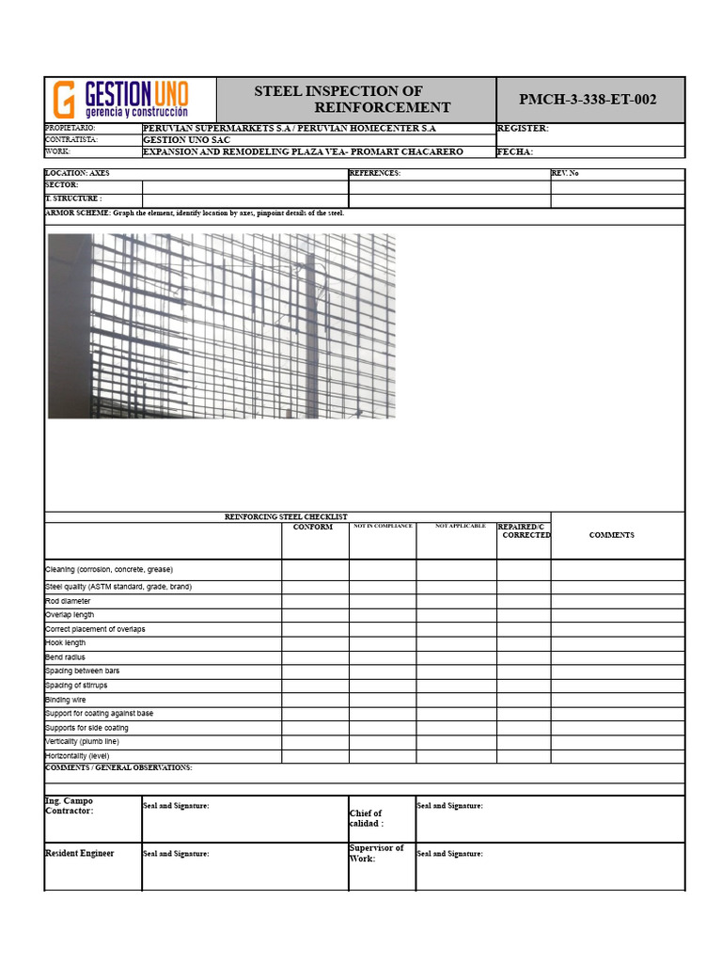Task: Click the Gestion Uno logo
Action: tap(120, 99)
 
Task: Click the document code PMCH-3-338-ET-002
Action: tap(589, 100)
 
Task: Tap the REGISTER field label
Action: tap(523, 129)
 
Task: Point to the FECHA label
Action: tap(515, 151)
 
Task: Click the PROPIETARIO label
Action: tap(71, 128)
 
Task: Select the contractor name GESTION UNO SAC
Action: tap(186, 139)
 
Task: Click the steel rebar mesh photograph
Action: tap(222, 325)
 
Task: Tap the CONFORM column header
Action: tap(313, 528)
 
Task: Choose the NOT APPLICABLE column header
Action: tap(461, 526)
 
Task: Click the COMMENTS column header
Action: tap(612, 535)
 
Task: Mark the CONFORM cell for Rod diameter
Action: tap(315, 601)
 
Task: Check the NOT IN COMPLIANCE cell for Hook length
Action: tap(383, 643)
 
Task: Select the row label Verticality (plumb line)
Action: tap(83, 742)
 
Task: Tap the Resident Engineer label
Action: tap(80, 853)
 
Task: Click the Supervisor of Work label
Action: tap(376, 853)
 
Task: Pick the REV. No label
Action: tap(565, 173)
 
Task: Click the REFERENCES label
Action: tap(375, 173)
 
